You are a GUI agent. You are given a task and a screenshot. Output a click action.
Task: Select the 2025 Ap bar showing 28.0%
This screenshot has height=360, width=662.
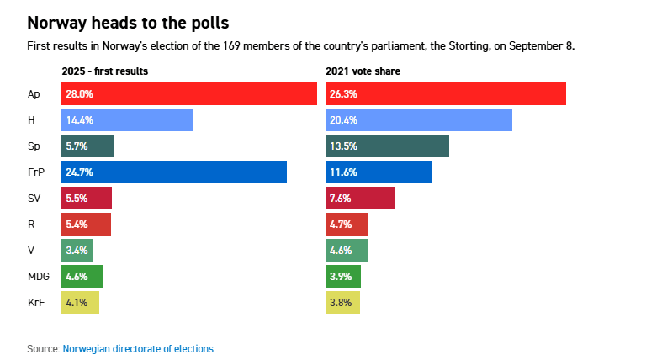[189, 94]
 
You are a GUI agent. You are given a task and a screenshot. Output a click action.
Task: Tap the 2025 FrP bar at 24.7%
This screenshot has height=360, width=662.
[174, 172]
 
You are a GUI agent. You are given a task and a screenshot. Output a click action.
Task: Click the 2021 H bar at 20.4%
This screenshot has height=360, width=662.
[419, 120]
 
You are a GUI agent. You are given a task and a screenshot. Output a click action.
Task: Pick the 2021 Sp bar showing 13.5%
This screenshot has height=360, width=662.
[387, 146]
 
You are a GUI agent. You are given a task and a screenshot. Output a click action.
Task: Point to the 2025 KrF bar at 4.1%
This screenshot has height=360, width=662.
[80, 301]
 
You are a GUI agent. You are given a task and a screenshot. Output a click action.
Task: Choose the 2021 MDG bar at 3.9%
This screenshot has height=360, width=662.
[343, 275]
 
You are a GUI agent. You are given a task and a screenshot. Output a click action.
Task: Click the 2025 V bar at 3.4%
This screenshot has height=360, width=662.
[77, 250]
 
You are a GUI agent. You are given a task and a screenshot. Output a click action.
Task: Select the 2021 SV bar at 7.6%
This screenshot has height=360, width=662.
[360, 199]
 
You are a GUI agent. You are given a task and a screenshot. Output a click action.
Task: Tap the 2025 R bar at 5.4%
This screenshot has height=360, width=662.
[86, 224]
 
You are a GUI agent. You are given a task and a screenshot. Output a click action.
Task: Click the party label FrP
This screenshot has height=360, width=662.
[36, 172]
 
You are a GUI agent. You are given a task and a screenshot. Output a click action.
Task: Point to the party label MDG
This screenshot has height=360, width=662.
[39, 275]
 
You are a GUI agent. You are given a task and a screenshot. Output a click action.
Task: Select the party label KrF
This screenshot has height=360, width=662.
[36, 301]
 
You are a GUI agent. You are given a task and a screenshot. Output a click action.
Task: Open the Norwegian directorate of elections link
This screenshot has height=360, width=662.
[138, 348]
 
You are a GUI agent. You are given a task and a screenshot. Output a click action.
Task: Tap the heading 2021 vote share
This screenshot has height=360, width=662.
[363, 71]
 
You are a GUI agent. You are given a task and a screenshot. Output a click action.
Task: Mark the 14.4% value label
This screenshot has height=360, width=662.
[78, 120]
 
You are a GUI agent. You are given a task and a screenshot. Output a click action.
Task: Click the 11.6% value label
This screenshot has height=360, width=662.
[344, 172]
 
